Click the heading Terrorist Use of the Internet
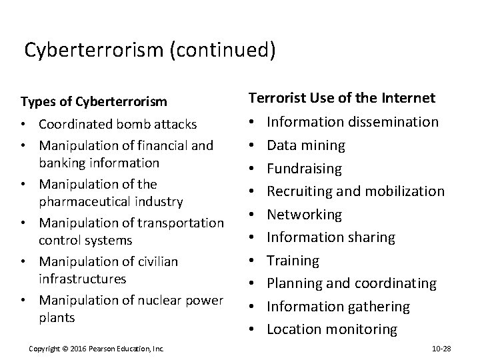coord(342,99)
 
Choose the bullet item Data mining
coord(306,145)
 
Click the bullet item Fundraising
coord(304,168)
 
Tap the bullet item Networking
coord(304,215)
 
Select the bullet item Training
coord(293,261)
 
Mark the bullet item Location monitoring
coord(331,329)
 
